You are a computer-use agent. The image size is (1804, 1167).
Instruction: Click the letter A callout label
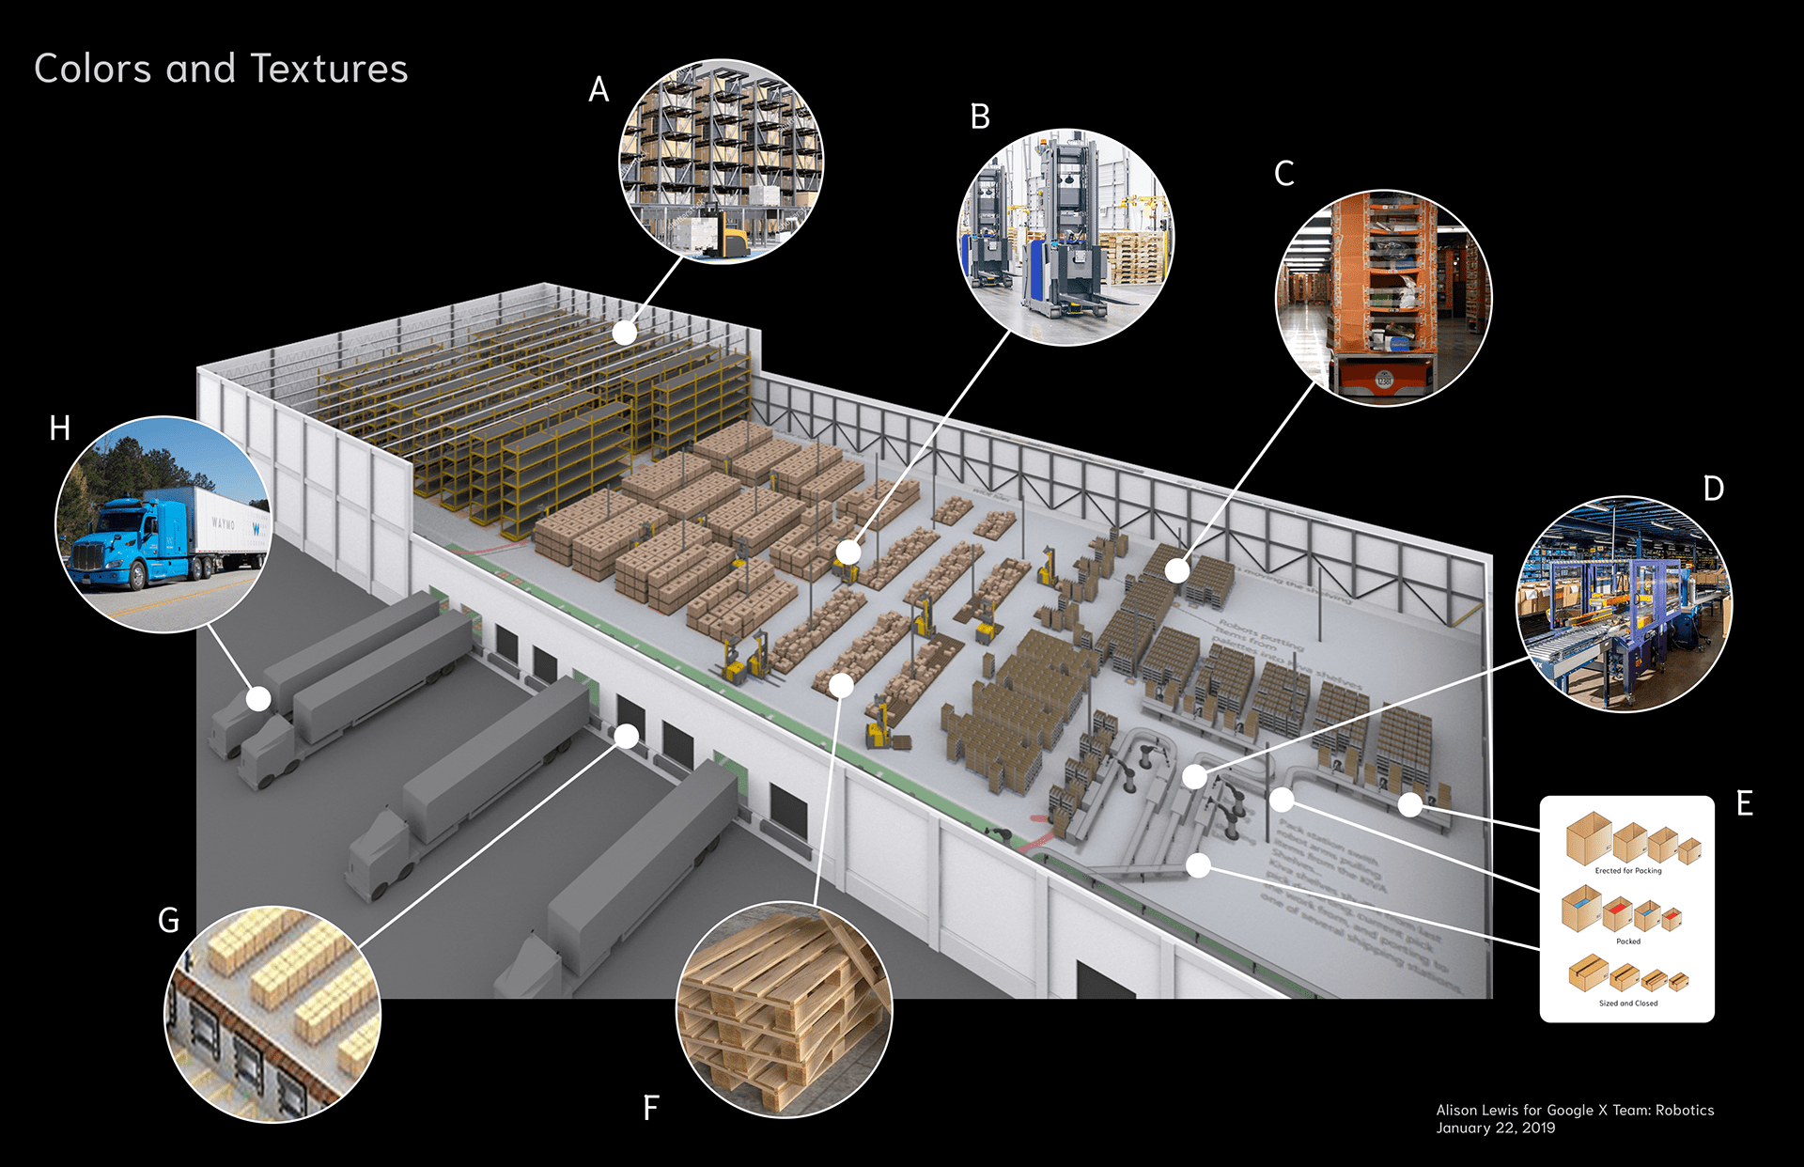point(599,90)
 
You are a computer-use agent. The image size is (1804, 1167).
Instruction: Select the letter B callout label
point(980,117)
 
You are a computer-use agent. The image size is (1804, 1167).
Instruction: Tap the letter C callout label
point(1283,174)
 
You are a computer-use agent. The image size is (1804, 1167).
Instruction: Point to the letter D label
point(1713,490)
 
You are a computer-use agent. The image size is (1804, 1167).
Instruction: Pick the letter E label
point(1744,803)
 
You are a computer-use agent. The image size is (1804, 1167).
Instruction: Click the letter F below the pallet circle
point(650,1108)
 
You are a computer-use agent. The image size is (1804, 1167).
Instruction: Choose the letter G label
point(169,921)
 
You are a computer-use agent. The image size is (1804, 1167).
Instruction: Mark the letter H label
point(60,428)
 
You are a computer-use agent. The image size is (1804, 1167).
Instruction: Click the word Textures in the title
point(329,70)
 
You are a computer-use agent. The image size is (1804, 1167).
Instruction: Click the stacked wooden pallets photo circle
point(784,1009)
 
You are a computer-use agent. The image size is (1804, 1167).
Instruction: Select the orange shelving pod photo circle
point(1383,298)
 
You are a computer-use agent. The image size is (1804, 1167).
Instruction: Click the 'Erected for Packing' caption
point(1627,871)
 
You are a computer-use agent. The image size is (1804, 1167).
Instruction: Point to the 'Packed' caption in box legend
point(1627,941)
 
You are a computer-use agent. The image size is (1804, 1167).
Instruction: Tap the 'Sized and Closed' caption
point(1627,1004)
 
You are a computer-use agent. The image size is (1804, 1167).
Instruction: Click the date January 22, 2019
point(1495,1128)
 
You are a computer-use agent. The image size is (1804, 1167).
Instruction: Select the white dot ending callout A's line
point(625,333)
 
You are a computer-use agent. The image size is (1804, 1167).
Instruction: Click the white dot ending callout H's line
point(258,698)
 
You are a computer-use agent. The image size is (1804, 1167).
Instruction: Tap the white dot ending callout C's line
point(1177,569)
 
